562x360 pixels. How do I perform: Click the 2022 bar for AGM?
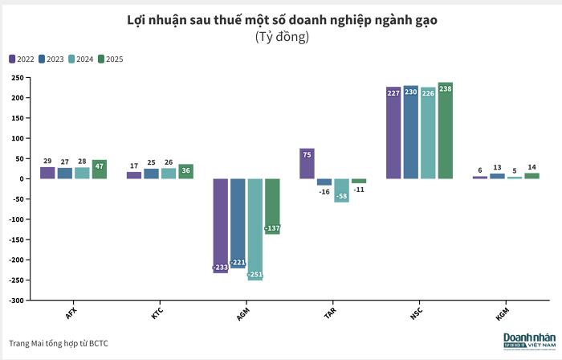pyautogui.click(x=220, y=225)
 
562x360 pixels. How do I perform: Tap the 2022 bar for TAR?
pyautogui.click(x=307, y=163)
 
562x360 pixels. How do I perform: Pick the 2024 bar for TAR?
pyautogui.click(x=341, y=190)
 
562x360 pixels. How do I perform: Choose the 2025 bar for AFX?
pyautogui.click(x=100, y=169)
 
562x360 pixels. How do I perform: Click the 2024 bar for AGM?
pyautogui.click(x=255, y=229)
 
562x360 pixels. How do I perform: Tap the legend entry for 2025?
pyautogui.click(x=110, y=59)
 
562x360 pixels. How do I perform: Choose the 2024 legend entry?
pyautogui.click(x=81, y=59)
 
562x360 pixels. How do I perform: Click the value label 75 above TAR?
pyautogui.click(x=307, y=153)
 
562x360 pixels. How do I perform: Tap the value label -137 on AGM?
pyautogui.click(x=272, y=229)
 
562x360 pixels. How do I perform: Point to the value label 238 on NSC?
pyautogui.click(x=445, y=88)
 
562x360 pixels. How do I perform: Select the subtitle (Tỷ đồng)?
pyautogui.click(x=282, y=37)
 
